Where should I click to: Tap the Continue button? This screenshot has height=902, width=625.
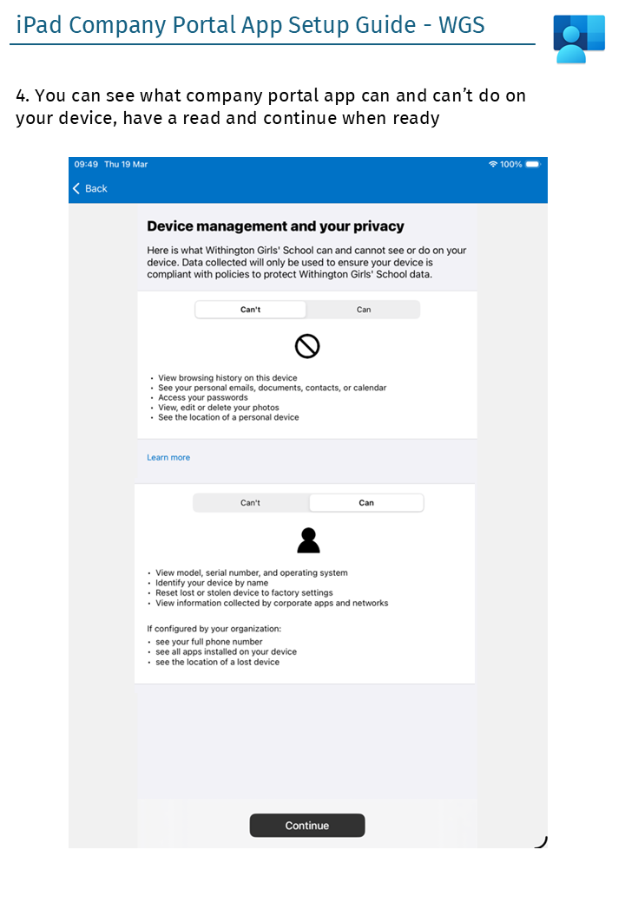click(307, 826)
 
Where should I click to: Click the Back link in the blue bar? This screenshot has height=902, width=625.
click(90, 188)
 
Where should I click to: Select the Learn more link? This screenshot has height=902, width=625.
click(168, 457)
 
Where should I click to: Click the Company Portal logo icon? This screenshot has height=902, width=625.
click(579, 39)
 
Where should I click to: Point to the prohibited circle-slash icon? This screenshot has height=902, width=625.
click(307, 347)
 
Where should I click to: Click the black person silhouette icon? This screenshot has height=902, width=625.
click(308, 540)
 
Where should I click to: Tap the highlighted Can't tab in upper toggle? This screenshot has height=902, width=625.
click(251, 310)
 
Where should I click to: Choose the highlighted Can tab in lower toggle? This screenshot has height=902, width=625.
click(366, 503)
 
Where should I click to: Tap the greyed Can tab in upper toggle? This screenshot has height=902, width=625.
click(364, 310)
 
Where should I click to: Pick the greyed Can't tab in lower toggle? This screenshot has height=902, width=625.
click(251, 503)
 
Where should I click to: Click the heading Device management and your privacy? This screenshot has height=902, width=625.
click(275, 226)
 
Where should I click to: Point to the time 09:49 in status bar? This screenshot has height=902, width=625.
click(86, 164)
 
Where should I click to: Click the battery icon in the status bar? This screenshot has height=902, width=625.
click(532, 164)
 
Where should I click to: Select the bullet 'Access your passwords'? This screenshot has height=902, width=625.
click(202, 397)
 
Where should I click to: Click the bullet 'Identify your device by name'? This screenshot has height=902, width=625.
click(212, 583)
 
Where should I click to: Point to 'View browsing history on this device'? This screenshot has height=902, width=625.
click(227, 378)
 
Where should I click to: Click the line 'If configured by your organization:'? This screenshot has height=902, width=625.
click(214, 628)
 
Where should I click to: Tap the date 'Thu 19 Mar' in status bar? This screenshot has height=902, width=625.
click(126, 164)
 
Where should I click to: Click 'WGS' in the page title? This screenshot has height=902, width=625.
click(462, 24)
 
